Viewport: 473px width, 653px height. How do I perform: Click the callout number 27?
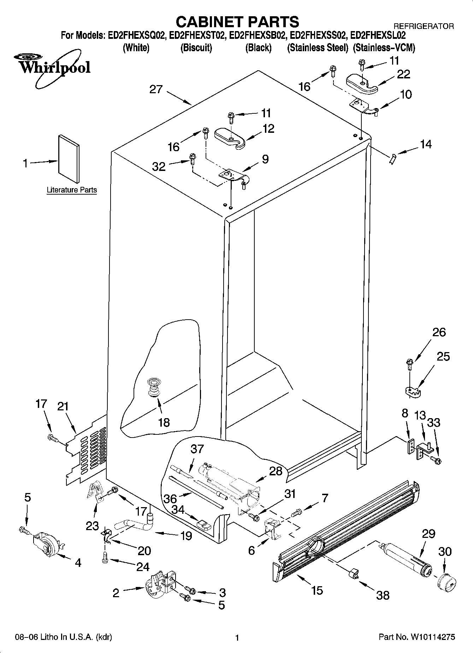tap(156, 89)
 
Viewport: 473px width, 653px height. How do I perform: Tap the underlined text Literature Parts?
tap(72, 190)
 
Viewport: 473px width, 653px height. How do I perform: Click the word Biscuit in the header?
tap(196, 48)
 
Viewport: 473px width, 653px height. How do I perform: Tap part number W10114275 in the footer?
tap(432, 637)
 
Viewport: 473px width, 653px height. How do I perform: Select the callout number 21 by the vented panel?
tap(63, 406)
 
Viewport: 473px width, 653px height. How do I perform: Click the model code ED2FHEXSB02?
tap(258, 35)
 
